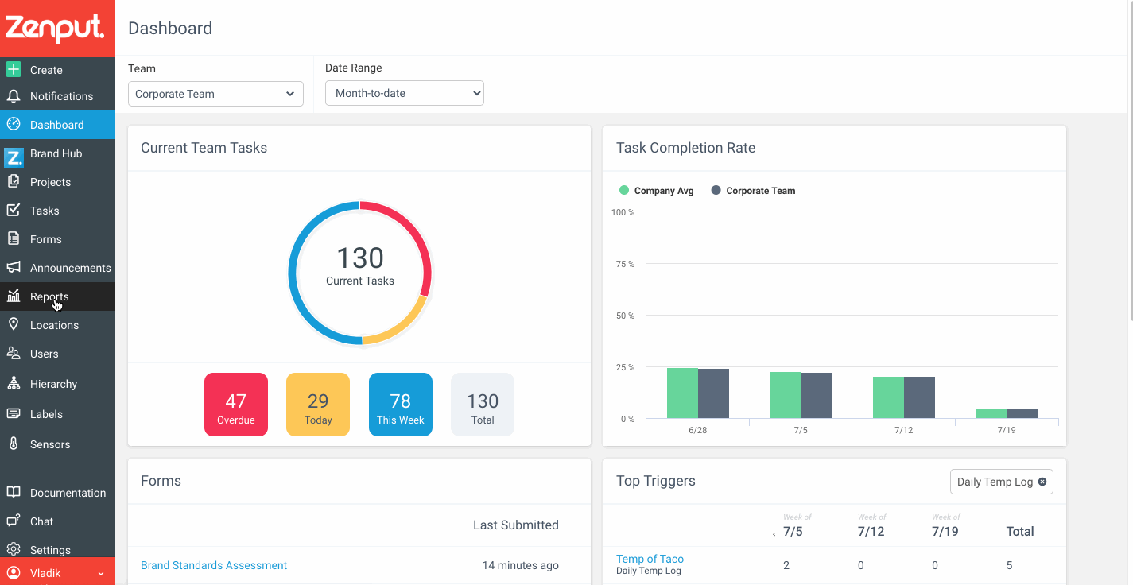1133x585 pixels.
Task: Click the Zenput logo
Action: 55,29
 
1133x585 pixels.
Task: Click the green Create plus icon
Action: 14,69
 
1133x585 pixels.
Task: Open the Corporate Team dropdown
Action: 215,94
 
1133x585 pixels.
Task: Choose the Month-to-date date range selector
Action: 405,93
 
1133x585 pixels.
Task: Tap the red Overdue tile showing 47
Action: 236,405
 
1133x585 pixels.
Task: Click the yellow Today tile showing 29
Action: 318,405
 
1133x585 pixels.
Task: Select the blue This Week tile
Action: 401,405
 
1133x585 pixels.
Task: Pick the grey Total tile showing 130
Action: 483,405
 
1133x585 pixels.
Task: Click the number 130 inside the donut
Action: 360,258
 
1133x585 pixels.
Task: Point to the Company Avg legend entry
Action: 657,191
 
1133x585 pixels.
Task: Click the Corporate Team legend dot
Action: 716,190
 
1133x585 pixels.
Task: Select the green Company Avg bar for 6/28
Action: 682,393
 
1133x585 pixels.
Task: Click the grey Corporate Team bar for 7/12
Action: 920,397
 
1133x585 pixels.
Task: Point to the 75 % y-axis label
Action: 625,264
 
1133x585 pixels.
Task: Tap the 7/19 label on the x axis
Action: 1007,430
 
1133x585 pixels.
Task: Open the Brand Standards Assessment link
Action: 214,565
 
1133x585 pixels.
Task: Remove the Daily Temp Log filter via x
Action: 1042,482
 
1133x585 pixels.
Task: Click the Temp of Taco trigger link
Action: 650,559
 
